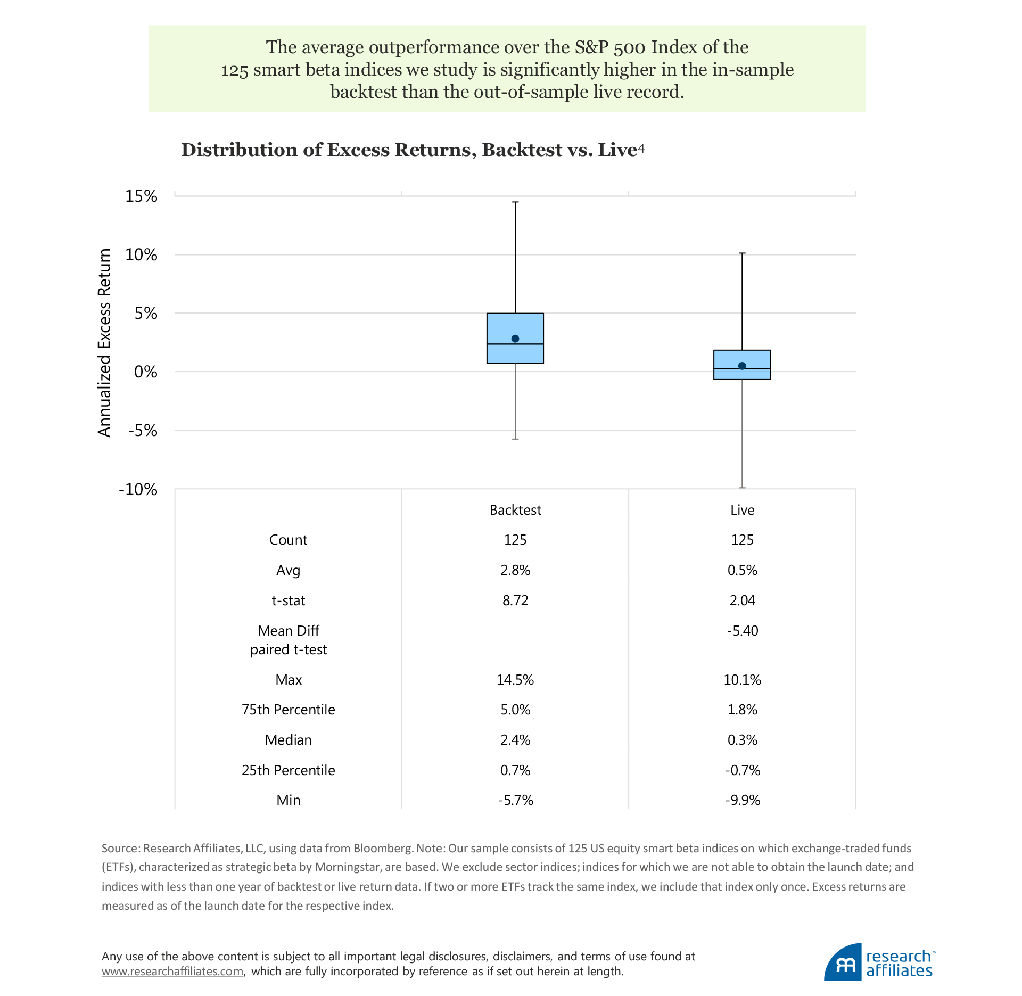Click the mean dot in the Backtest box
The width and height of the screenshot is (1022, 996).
[515, 339]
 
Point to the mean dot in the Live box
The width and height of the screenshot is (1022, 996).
[742, 366]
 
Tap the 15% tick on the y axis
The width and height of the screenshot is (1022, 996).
[141, 196]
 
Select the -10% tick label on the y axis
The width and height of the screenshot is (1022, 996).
[138, 489]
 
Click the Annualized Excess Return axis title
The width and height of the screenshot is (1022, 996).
[104, 342]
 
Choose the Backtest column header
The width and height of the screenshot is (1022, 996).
[515, 510]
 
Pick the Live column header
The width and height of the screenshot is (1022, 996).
[742, 510]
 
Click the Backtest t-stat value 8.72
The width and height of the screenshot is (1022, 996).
[515, 600]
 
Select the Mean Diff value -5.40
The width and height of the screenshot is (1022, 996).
[742, 631]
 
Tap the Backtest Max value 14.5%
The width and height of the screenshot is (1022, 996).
[515, 680]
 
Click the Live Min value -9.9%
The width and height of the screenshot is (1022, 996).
[742, 800]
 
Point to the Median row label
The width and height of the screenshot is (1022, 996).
[288, 740]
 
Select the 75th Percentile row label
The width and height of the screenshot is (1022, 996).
[288, 710]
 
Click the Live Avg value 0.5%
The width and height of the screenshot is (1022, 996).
[742, 570]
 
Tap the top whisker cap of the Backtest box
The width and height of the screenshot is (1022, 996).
[515, 202]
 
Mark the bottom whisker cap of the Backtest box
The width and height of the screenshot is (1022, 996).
[515, 439]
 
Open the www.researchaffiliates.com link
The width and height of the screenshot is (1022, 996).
[172, 971]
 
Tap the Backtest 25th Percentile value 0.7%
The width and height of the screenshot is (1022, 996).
[515, 770]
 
